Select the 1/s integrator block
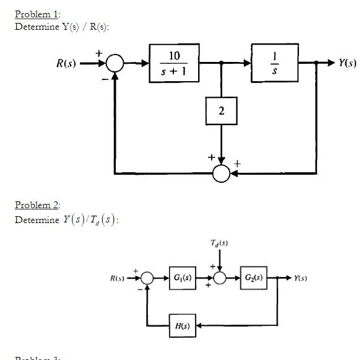coord(276,63)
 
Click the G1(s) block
coord(182,279)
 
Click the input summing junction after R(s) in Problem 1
coord(115,63)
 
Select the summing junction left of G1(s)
coord(147,279)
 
